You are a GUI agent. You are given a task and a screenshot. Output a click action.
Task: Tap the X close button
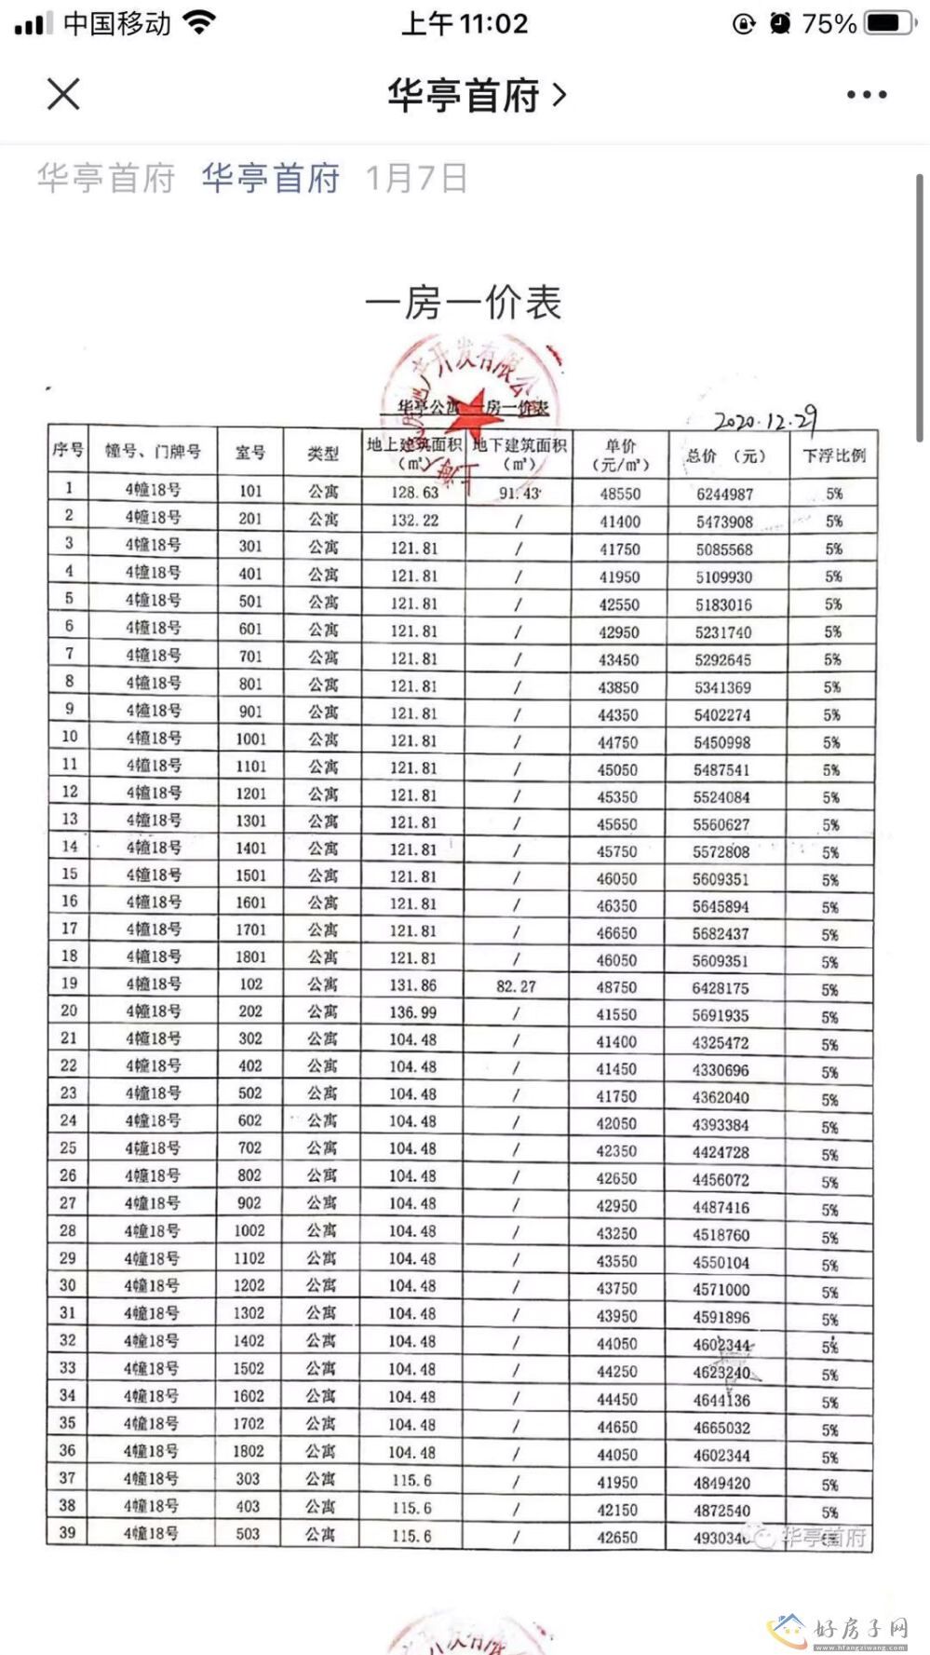pyautogui.click(x=63, y=94)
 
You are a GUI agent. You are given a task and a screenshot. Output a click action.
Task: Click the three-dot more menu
pyautogui.click(x=867, y=95)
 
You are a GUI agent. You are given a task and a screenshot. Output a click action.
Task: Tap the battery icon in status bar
pyautogui.click(x=888, y=23)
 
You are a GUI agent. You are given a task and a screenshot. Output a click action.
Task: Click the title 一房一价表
pyautogui.click(x=464, y=304)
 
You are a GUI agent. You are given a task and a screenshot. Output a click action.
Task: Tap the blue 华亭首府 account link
pyautogui.click(x=270, y=178)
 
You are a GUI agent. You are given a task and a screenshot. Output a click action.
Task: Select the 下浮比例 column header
pyautogui.click(x=834, y=455)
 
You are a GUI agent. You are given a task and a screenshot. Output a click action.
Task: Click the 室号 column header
pyautogui.click(x=249, y=453)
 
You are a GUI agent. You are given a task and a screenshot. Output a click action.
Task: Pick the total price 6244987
pyautogui.click(x=724, y=495)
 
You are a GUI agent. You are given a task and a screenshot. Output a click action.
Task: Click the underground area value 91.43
pyautogui.click(x=519, y=493)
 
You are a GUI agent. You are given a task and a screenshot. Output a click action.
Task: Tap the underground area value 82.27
pyautogui.click(x=516, y=986)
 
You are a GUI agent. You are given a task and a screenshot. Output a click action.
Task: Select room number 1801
pyautogui.click(x=249, y=956)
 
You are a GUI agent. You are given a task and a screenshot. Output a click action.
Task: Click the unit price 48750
pyautogui.click(x=617, y=987)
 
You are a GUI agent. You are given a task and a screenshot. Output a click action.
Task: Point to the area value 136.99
pyautogui.click(x=413, y=1012)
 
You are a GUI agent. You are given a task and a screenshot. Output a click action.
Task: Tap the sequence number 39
pyautogui.click(x=67, y=1532)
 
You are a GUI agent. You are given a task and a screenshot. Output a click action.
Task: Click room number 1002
pyautogui.click(x=249, y=1230)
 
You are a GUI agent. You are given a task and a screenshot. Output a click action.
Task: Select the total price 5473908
pyautogui.click(x=724, y=522)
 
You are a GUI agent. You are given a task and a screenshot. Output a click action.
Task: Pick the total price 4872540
pyautogui.click(x=721, y=1510)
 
